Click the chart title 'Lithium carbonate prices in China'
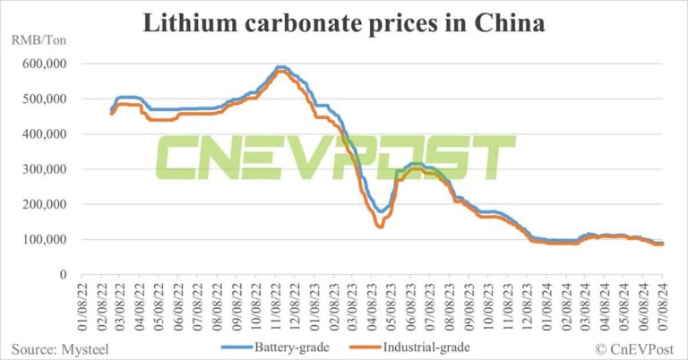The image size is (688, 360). click(344, 24)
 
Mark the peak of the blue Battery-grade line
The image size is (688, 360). click(280, 67)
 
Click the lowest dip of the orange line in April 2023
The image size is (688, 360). click(380, 227)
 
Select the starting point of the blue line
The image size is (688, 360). click(111, 110)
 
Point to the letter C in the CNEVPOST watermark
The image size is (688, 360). click(179, 159)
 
